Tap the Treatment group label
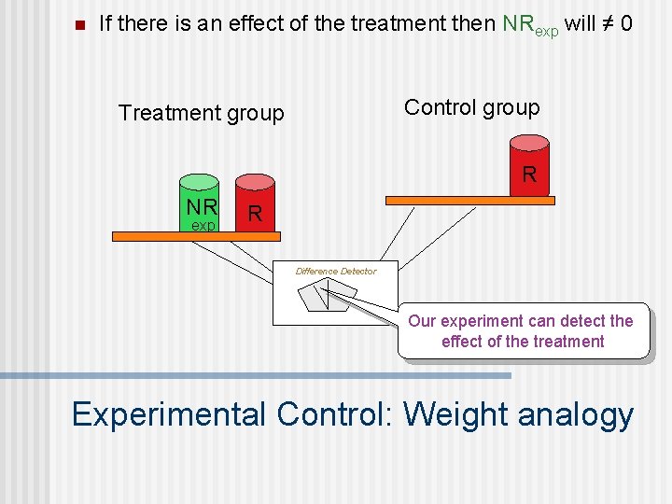pyautogui.click(x=201, y=113)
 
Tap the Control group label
pyautogui.click(x=471, y=107)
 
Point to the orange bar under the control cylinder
pyautogui.click(x=470, y=199)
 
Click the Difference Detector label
pyautogui.click(x=335, y=272)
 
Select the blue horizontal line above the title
pyautogui.click(x=256, y=375)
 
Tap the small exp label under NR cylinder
pyautogui.click(x=203, y=226)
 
